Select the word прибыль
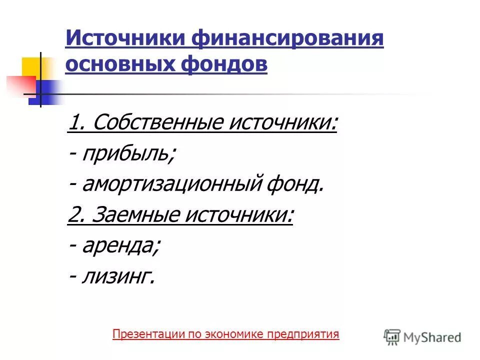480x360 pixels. point(128,154)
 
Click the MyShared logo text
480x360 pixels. point(432,337)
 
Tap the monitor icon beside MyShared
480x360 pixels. point(392,336)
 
